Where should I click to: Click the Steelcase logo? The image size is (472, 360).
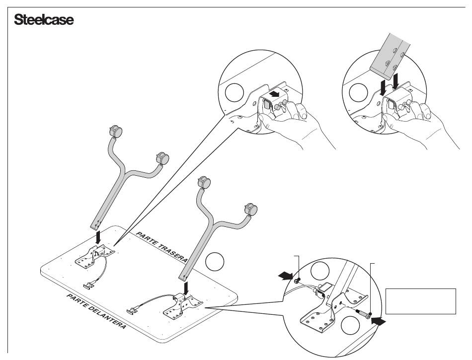click(x=44, y=20)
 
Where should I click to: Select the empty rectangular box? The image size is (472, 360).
click(x=420, y=301)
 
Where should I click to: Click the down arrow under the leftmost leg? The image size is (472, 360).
click(x=98, y=238)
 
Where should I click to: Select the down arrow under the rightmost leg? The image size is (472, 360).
click(x=185, y=288)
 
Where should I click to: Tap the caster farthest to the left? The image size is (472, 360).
click(x=116, y=133)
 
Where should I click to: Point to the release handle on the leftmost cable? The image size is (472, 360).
click(x=90, y=286)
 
